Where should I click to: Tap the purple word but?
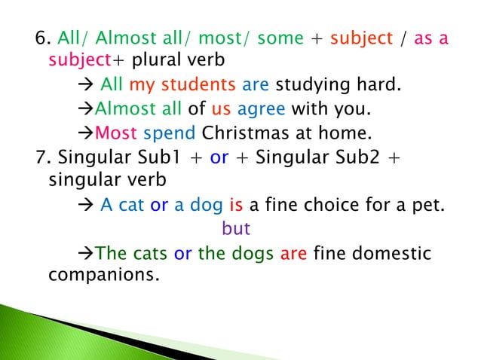coord(236,228)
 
